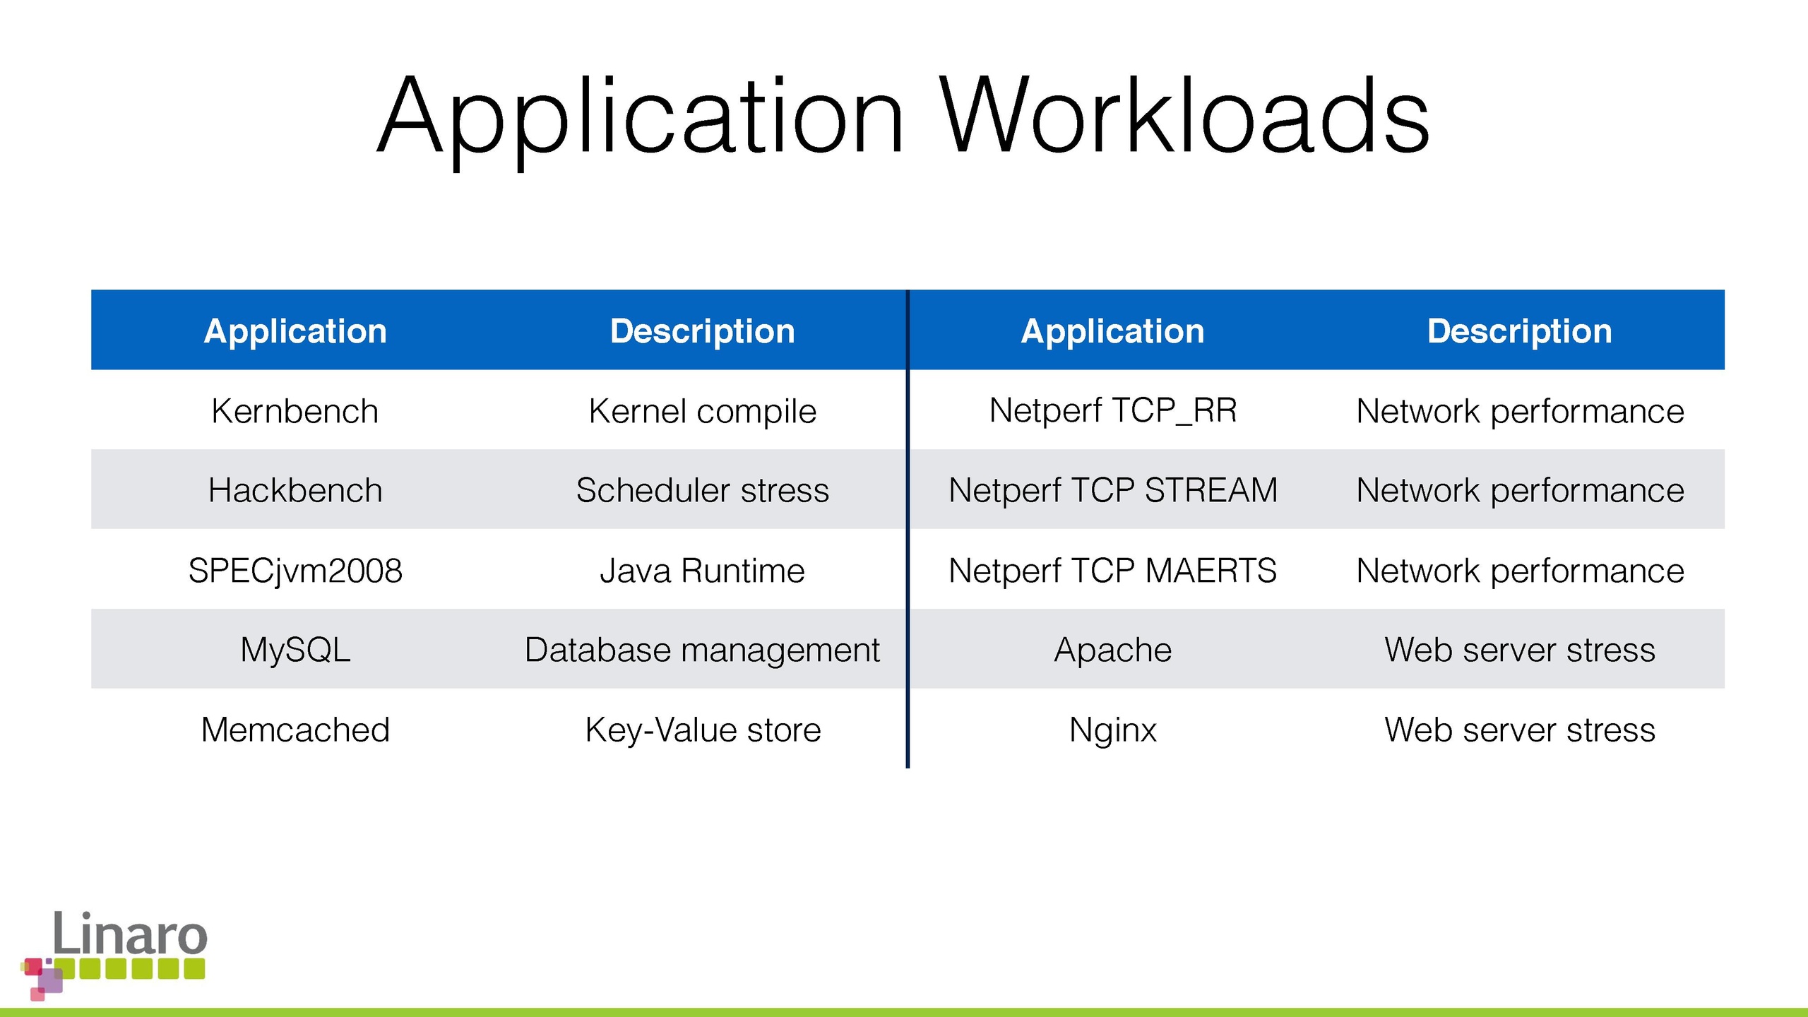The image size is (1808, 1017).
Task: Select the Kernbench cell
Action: pyautogui.click(x=295, y=411)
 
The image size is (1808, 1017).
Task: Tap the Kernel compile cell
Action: pyautogui.click(x=703, y=412)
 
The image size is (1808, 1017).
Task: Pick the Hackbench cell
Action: pyautogui.click(x=295, y=490)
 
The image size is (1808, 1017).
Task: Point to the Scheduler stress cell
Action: pyautogui.click(x=703, y=490)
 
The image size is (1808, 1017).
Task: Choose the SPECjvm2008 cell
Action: pyautogui.click(x=295, y=571)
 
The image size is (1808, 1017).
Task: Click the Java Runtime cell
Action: pyautogui.click(x=703, y=570)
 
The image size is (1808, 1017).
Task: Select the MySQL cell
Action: pyautogui.click(x=295, y=650)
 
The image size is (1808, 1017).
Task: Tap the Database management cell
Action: pyautogui.click(x=703, y=650)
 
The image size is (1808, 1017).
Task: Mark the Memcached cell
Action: pyautogui.click(x=295, y=730)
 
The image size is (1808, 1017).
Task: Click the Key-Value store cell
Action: pyautogui.click(x=703, y=730)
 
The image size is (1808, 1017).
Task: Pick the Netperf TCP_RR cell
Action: pyautogui.click(x=1113, y=411)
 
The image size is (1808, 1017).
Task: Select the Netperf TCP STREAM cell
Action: pyautogui.click(x=1113, y=490)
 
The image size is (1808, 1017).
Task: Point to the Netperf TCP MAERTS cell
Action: pyautogui.click(x=1113, y=570)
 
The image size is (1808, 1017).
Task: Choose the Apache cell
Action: pyautogui.click(x=1113, y=650)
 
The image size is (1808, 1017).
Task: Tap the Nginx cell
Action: pyautogui.click(x=1113, y=730)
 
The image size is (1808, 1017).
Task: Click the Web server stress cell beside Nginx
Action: pyautogui.click(x=1520, y=730)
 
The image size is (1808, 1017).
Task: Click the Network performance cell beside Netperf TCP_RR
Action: pyautogui.click(x=1520, y=412)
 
